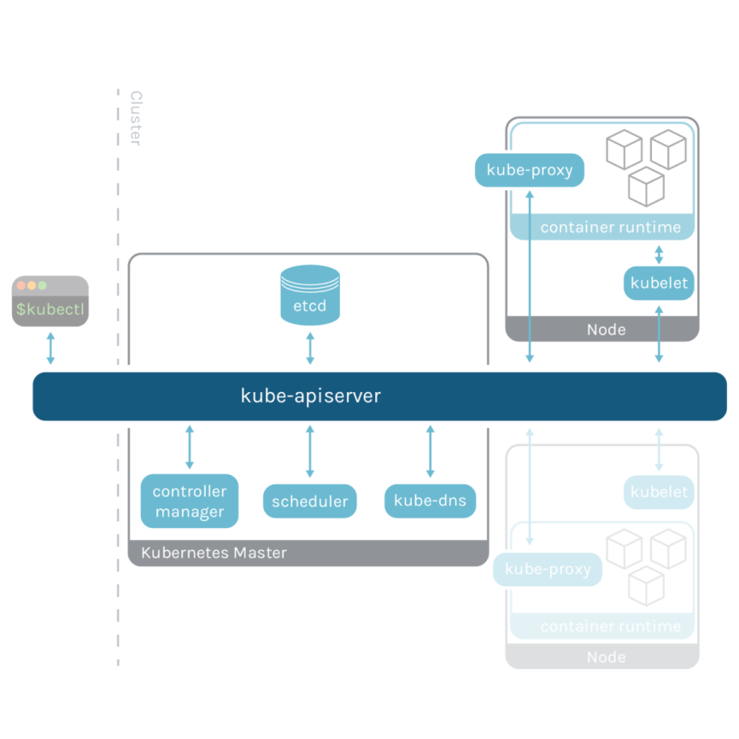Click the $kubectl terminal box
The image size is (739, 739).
[50, 301]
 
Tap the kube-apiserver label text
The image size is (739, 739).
[310, 396]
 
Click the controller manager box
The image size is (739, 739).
[190, 501]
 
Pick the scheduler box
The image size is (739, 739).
[310, 501]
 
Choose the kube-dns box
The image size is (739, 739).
[430, 501]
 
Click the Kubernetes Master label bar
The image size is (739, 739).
[214, 553]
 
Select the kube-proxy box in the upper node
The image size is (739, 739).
[530, 170]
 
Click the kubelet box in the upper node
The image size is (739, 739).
[659, 283]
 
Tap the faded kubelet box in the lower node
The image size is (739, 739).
[659, 492]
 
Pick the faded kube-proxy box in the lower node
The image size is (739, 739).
[548, 569]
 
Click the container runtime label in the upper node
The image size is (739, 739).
[611, 227]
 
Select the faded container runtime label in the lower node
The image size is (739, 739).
[611, 626]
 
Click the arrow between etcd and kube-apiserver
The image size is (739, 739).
[310, 349]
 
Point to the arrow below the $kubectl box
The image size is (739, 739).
[50, 349]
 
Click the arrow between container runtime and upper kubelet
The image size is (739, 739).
[659, 254]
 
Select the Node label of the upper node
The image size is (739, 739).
[607, 330]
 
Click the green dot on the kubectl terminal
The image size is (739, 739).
[42, 285]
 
